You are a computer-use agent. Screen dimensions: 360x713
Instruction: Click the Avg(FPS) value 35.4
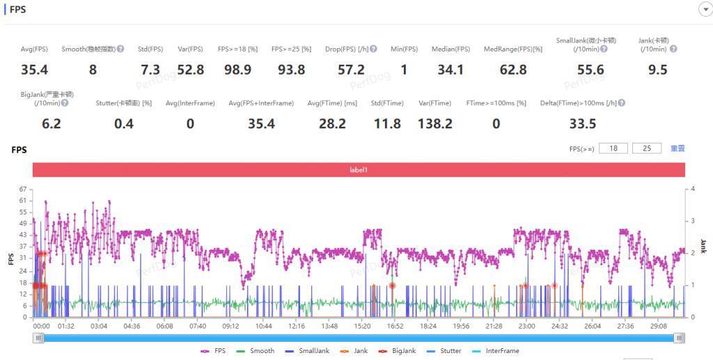coord(34,70)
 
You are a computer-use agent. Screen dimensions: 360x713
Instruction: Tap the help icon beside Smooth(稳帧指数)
coord(120,49)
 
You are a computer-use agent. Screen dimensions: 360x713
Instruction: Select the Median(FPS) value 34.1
coord(450,70)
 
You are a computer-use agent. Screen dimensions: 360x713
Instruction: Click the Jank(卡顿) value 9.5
coord(657,70)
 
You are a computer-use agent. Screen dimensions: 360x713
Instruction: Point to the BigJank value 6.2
coord(52,124)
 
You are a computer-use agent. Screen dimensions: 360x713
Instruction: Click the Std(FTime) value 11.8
coord(387,124)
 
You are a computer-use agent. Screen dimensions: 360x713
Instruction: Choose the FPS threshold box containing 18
coord(613,148)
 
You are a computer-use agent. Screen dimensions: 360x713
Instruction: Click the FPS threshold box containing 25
coord(647,148)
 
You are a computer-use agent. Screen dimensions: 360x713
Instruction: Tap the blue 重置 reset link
coord(677,148)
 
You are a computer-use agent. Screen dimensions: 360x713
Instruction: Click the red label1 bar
coord(359,170)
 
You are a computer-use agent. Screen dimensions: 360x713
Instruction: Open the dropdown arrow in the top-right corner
coord(704,9)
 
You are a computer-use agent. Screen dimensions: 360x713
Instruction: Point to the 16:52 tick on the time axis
coord(395,326)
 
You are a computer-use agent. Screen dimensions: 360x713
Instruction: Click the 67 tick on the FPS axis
coord(23,189)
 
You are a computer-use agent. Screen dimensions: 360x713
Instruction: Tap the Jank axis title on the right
coord(703,245)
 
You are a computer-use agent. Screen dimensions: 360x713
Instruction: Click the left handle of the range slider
coord(39,338)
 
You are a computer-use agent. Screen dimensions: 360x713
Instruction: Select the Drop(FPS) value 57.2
coord(352,70)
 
